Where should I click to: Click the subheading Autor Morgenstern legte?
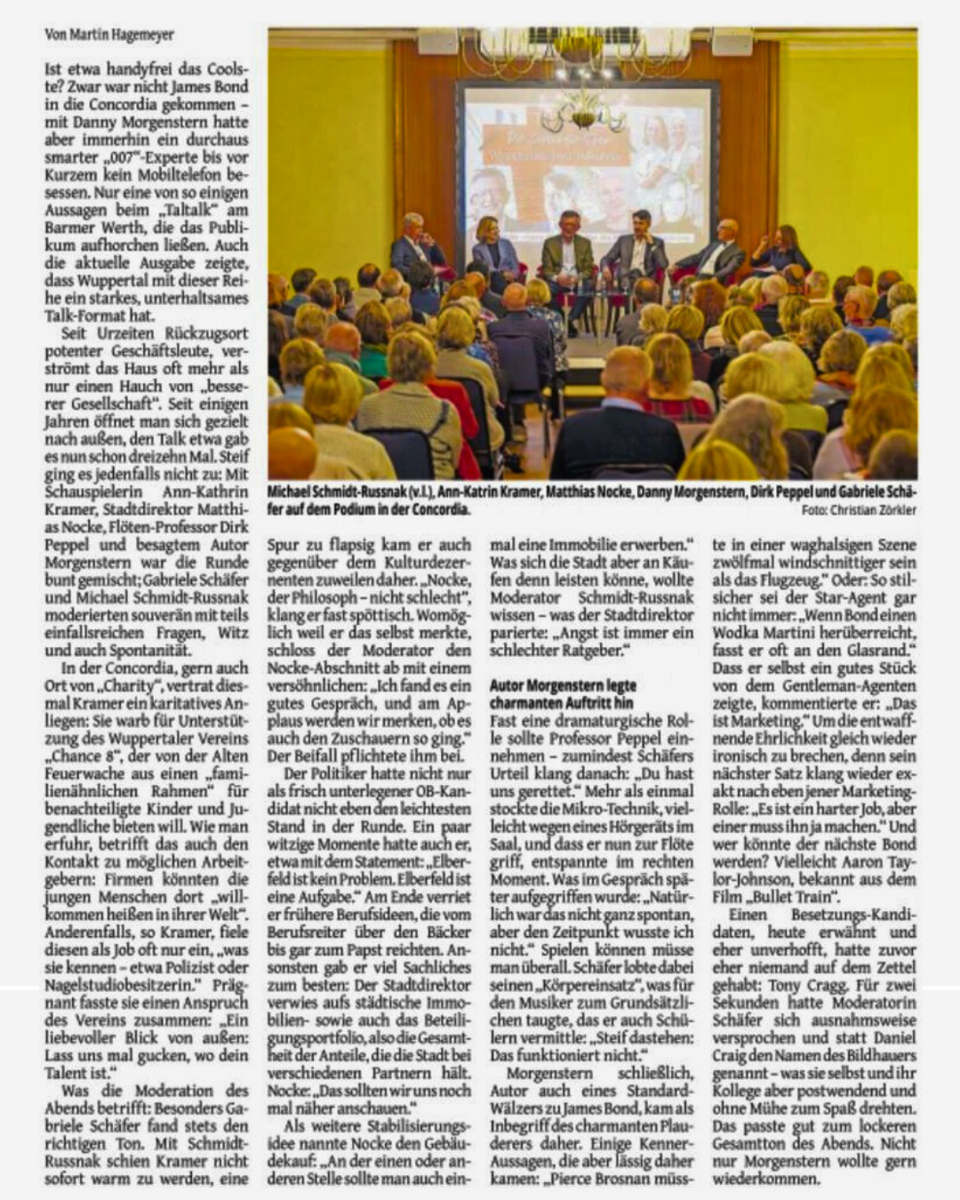(563, 685)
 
